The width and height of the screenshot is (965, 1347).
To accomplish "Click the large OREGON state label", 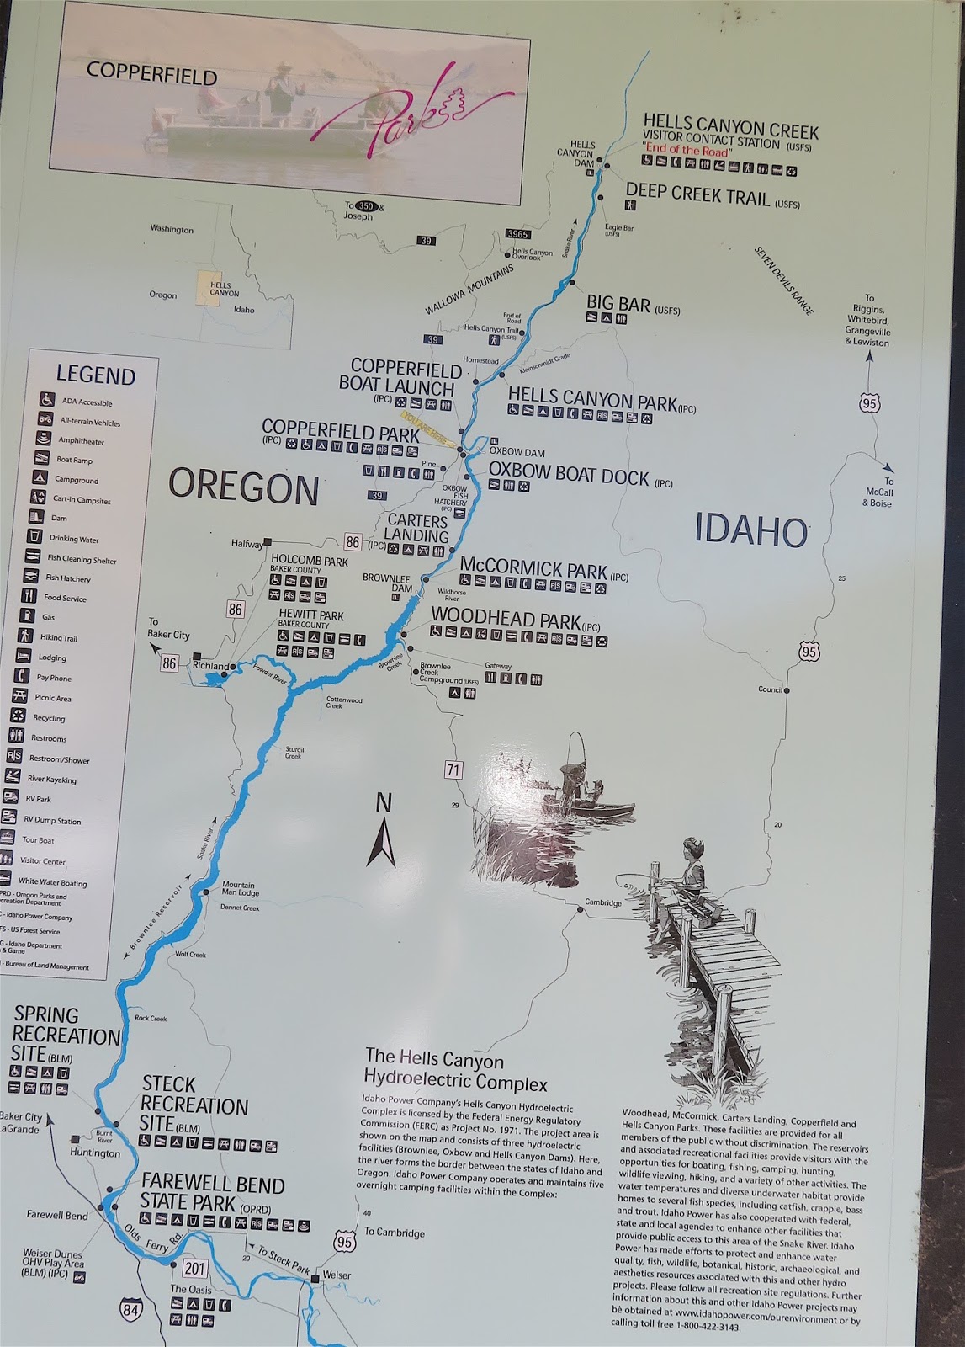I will (244, 487).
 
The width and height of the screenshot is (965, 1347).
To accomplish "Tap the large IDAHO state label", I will (751, 531).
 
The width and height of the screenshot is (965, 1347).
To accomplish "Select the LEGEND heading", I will (95, 375).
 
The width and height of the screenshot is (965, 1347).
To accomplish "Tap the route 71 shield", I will (454, 769).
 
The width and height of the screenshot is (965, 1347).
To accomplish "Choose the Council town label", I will (769, 689).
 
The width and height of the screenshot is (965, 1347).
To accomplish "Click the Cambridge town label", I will (603, 903).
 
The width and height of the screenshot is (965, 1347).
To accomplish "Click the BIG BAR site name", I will (618, 302).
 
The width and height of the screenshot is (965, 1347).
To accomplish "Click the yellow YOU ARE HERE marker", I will (427, 429).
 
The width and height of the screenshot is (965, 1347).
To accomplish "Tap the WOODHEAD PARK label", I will (506, 620).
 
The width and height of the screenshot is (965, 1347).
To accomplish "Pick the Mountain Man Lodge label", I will (240, 889).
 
